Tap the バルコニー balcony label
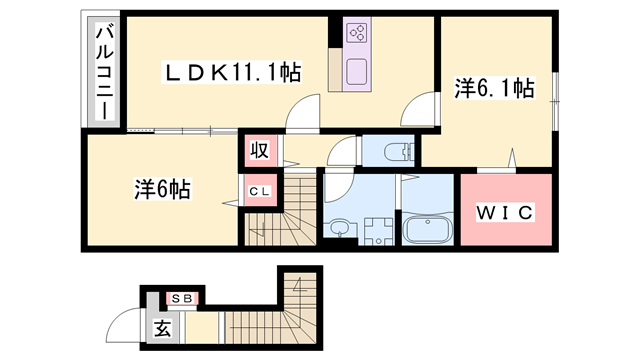coord(103,72)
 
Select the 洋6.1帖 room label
coord(494,89)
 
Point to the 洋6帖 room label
coord(163,188)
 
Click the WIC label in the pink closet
coord(506,212)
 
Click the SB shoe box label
coord(181,297)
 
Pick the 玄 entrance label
coord(162,327)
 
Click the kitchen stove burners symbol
coord(356,33)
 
